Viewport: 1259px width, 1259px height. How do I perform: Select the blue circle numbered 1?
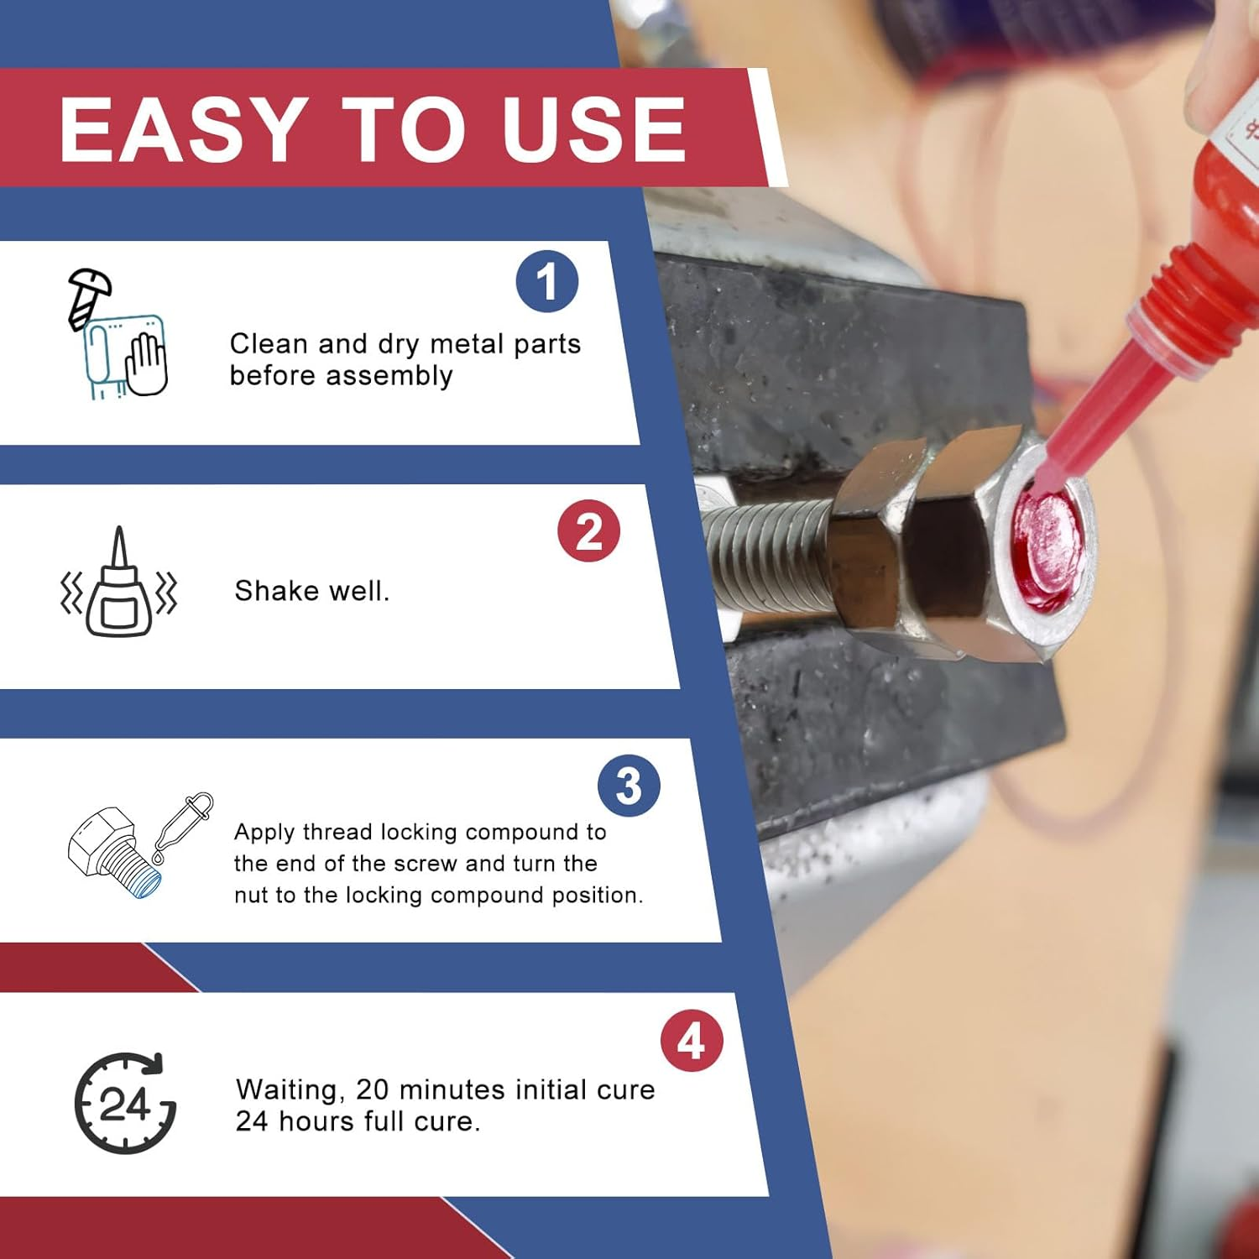[x=546, y=281]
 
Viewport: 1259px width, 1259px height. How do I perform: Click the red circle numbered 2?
[x=588, y=531]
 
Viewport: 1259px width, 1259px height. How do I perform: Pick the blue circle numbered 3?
[x=629, y=786]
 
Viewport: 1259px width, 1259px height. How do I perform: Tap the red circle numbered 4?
[x=691, y=1041]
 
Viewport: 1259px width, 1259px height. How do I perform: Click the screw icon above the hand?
[x=87, y=294]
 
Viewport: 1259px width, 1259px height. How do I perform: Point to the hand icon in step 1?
[x=147, y=363]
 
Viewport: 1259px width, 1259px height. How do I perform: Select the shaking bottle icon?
[x=119, y=585]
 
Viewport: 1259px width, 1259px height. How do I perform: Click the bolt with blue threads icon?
[x=113, y=852]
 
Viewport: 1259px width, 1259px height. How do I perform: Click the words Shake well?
[x=311, y=591]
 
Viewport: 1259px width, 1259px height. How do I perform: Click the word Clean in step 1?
[x=268, y=344]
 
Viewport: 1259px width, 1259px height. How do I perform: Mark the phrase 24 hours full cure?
[x=358, y=1121]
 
